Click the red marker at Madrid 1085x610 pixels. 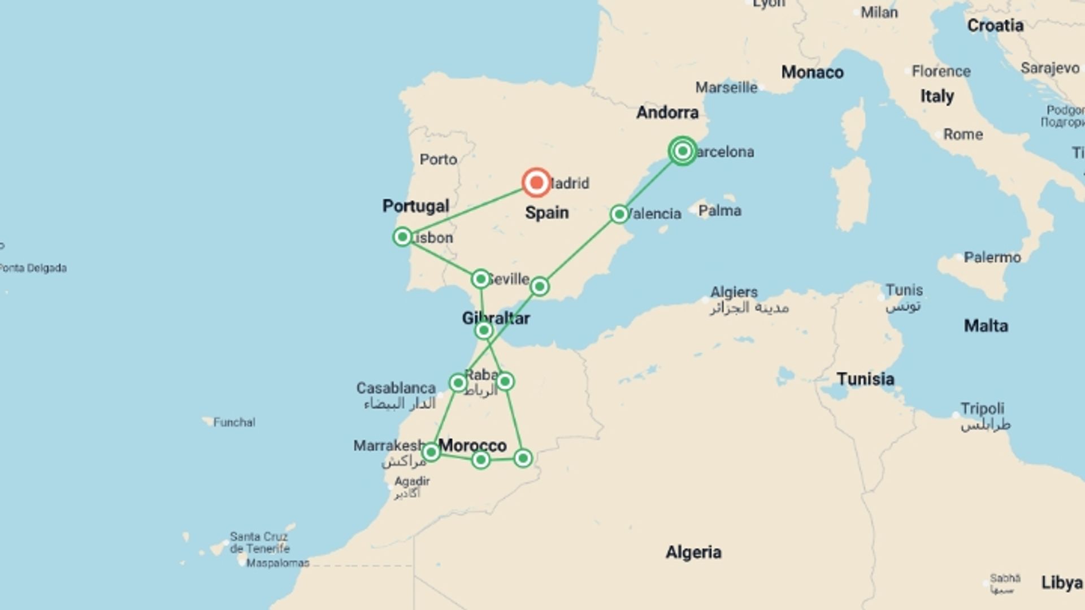tap(536, 182)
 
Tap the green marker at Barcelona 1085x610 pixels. tap(683, 151)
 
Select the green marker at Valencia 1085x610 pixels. tap(619, 214)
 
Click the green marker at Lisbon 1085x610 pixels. tap(402, 237)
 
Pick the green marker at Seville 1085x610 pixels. tap(480, 278)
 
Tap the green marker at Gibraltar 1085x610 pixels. tap(484, 330)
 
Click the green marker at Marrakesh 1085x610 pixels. tap(431, 452)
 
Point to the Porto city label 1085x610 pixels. tap(438, 160)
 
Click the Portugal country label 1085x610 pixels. tap(415, 206)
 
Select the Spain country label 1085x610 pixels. tap(546, 213)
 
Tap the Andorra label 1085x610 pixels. tap(667, 112)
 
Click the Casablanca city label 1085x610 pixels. tap(396, 389)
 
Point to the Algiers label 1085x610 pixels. tap(734, 293)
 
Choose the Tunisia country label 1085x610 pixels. tap(865, 379)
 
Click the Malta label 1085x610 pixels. tap(986, 326)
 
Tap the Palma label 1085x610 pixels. tap(719, 211)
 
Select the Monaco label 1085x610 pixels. tap(812, 72)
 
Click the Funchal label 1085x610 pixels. tap(234, 422)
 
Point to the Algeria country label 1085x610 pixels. tap(693, 552)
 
